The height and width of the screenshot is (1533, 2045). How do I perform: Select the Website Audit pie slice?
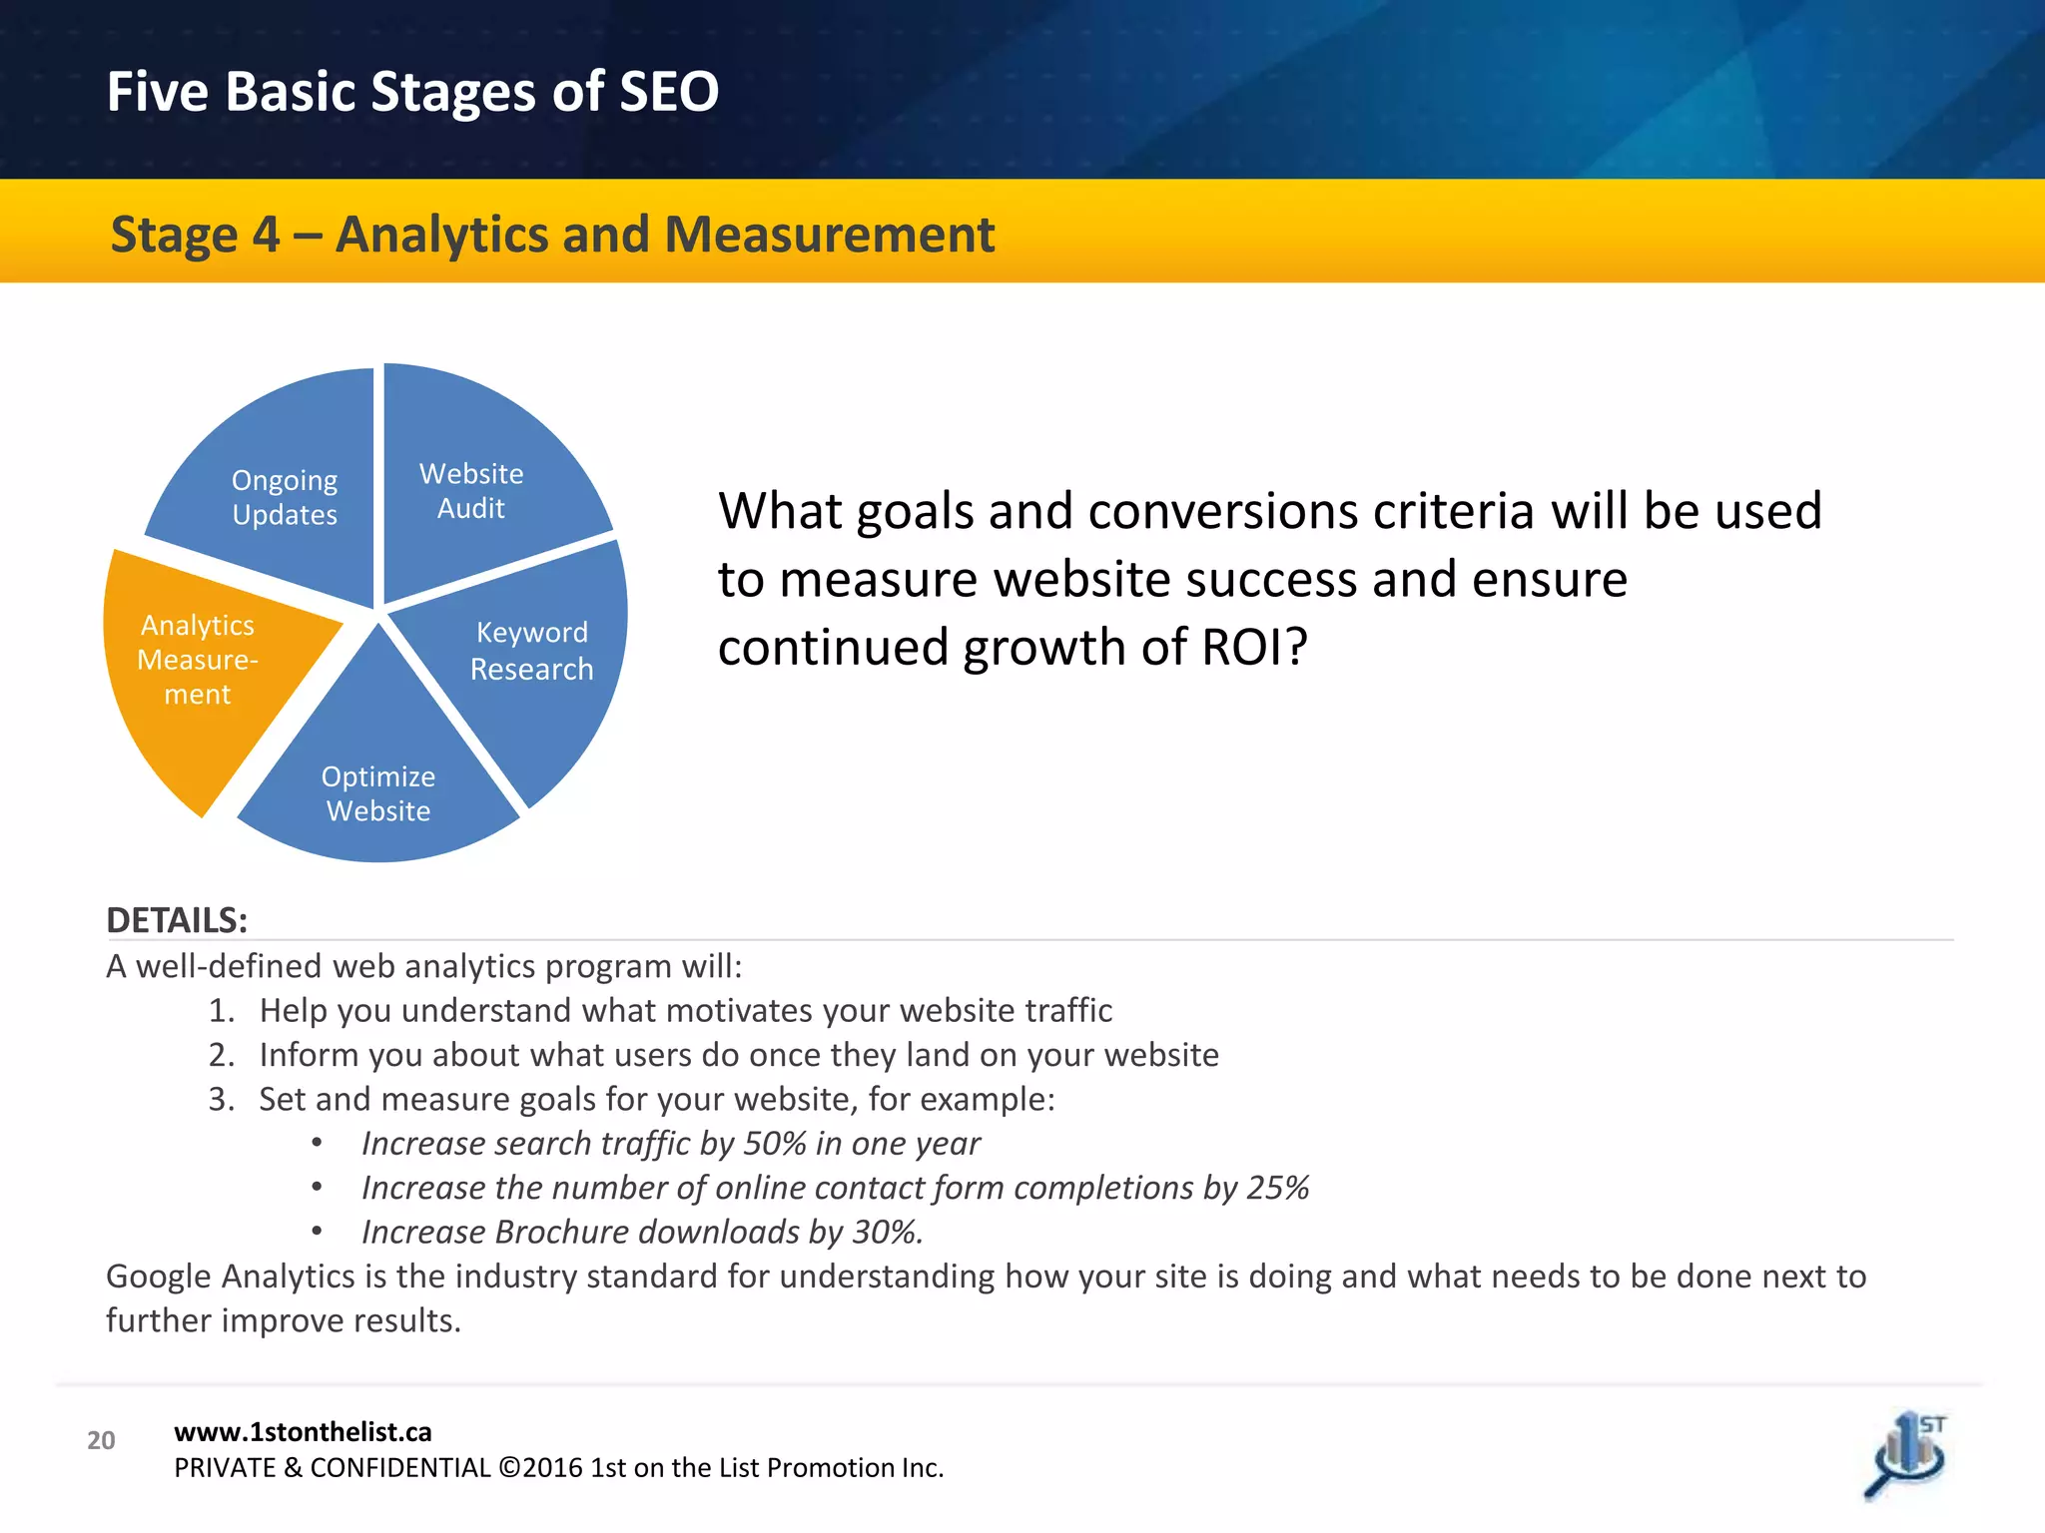point(479,479)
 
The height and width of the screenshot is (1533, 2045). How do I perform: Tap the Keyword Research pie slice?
point(529,659)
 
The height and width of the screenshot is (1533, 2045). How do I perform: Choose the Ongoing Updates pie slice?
point(285,499)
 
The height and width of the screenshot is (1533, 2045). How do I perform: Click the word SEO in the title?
point(668,92)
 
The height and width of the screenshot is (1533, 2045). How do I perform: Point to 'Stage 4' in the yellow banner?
point(195,236)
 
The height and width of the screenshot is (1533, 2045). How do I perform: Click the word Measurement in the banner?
point(829,236)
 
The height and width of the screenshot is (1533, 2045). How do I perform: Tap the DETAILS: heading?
point(177,920)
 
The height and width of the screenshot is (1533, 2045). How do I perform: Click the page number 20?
point(101,1440)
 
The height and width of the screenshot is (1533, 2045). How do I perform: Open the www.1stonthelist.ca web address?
point(303,1432)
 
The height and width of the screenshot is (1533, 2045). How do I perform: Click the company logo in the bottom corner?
point(1907,1455)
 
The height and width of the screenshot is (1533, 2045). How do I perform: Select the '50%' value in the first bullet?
point(775,1144)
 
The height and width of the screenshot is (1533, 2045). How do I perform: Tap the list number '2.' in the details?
point(222,1055)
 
